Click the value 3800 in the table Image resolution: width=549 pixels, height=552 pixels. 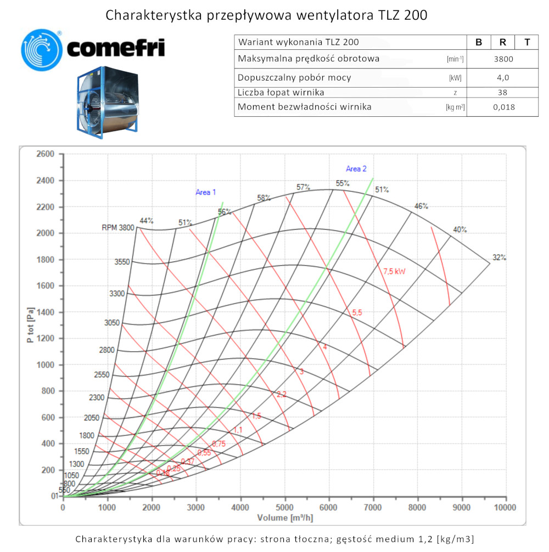pyautogui.click(x=503, y=59)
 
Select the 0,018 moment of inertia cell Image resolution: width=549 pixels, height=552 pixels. pyautogui.click(x=503, y=107)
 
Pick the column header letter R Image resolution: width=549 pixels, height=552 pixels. pyautogui.click(x=503, y=42)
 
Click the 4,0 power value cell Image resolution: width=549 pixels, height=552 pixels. pyautogui.click(x=503, y=77)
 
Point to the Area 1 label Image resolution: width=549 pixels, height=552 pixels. pyautogui.click(x=206, y=192)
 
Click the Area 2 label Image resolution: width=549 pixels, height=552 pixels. pyautogui.click(x=356, y=169)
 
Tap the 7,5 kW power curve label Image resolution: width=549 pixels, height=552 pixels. pyautogui.click(x=395, y=271)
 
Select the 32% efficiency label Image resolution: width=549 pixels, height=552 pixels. pyautogui.click(x=500, y=258)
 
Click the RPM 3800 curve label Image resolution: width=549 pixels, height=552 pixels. pyautogui.click(x=117, y=228)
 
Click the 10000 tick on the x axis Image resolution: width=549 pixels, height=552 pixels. pyautogui.click(x=505, y=508)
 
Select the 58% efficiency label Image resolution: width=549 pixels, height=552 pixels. pyautogui.click(x=264, y=198)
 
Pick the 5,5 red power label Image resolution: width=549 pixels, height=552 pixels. pyautogui.click(x=357, y=312)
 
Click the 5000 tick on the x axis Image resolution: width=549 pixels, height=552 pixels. pyautogui.click(x=284, y=508)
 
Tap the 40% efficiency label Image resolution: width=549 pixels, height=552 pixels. pyautogui.click(x=460, y=229)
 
